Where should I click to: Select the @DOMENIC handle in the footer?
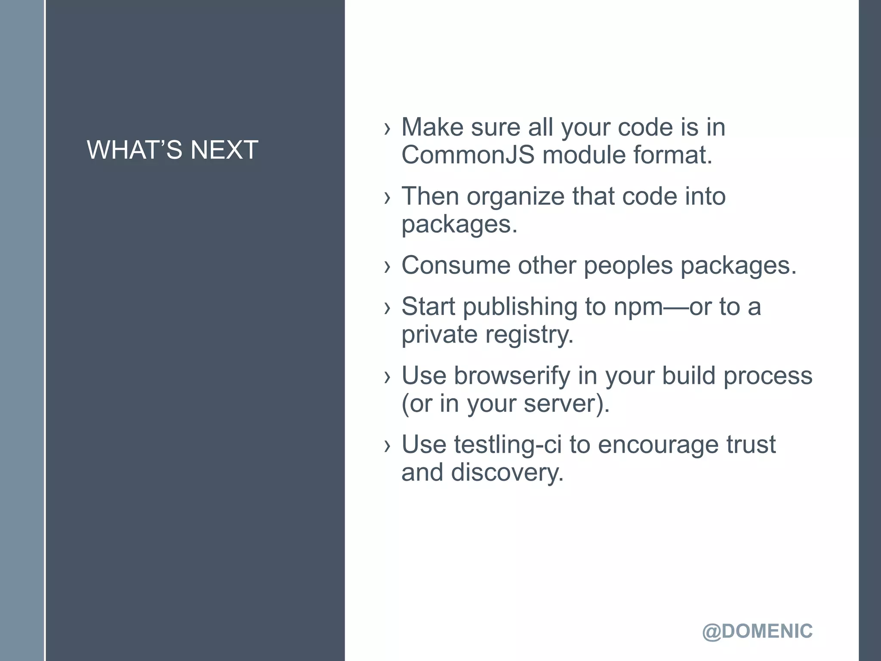coord(757,631)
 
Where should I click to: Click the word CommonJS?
coord(468,155)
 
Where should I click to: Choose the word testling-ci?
coord(508,445)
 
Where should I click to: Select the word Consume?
coord(456,265)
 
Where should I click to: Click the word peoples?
coord(628,266)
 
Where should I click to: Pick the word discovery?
coord(507,473)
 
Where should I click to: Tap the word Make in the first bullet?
coord(432,127)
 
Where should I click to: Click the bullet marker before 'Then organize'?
coord(388,197)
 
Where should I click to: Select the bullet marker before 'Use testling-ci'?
coord(388,446)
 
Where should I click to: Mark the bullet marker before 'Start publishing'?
coord(388,307)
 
